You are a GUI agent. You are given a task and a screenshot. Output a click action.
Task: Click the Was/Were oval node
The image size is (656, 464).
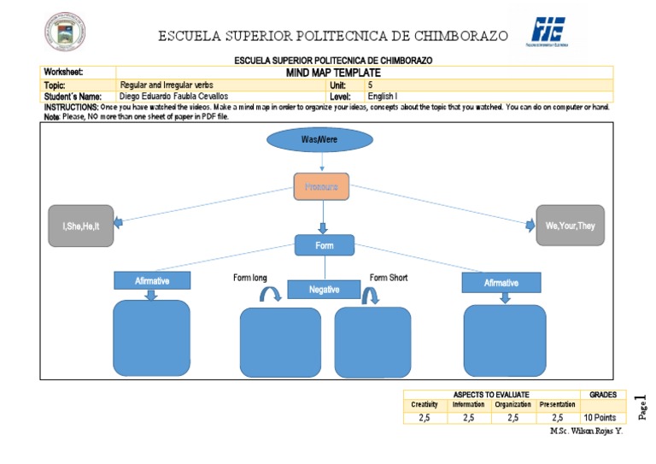[x=320, y=139]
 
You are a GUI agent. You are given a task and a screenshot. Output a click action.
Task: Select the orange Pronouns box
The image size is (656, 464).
[x=321, y=186]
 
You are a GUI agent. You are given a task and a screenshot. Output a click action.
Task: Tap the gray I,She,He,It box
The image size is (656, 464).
[x=81, y=226]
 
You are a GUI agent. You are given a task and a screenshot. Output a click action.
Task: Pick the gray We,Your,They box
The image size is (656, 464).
[x=570, y=226]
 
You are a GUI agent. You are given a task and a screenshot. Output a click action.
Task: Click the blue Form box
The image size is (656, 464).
[x=324, y=245]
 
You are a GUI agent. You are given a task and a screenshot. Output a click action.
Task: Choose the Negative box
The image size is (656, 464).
[x=324, y=290]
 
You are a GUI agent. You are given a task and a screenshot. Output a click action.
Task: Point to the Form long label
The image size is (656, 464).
[x=250, y=278]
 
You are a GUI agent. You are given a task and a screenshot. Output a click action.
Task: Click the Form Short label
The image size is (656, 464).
[x=389, y=278]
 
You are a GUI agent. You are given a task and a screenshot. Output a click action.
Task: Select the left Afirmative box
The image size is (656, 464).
[x=152, y=280]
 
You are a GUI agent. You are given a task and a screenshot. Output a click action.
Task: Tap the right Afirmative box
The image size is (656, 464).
[x=501, y=283]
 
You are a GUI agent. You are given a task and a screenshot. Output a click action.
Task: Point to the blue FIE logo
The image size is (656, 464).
[x=548, y=30]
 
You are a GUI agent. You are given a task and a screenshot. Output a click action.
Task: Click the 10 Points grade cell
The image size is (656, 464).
[x=600, y=418]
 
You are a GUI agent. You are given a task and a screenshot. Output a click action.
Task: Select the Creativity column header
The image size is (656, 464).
[x=425, y=404]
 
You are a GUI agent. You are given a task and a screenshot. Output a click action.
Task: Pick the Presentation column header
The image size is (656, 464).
[x=557, y=404]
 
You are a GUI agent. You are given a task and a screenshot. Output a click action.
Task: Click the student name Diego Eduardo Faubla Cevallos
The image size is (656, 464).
[x=174, y=97]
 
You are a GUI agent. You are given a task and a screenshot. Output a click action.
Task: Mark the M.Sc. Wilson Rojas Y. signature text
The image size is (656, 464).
[x=587, y=431]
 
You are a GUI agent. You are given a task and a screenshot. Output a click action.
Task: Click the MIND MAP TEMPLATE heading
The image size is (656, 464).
[x=333, y=73]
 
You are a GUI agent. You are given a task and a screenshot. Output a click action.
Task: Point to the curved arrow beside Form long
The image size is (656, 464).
[x=271, y=295]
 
